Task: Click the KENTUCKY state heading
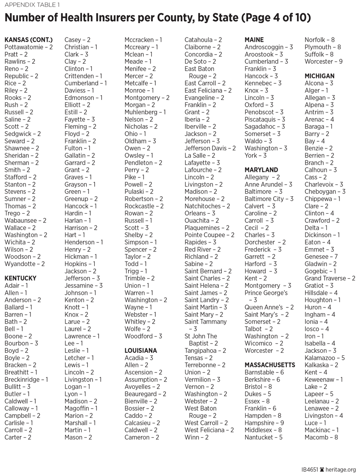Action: pyautogui.click(x=20, y=278)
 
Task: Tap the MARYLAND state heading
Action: pyautogui.click(x=261, y=170)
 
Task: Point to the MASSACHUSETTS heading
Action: pyautogui.click(x=270, y=365)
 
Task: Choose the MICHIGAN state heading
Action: pyautogui.click(x=319, y=76)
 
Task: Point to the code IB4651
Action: pyautogui.click(x=310, y=469)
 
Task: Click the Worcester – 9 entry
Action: pyautogui.click(x=323, y=61)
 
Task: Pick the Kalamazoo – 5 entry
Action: pyautogui.click(x=325, y=358)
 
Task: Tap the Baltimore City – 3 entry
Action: pyautogui.click(x=269, y=199)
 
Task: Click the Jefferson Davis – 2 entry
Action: pyautogui.click(x=210, y=148)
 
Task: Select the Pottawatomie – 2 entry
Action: pyautogui.click(x=28, y=47)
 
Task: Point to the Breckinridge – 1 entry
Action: pyautogui.click(x=26, y=379)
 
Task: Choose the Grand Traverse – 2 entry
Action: pyautogui.click(x=330, y=278)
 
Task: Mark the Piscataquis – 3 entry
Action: pyautogui.click(x=264, y=119)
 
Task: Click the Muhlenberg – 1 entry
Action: pyautogui.click(x=145, y=112)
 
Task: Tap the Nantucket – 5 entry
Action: pyautogui.click(x=263, y=437)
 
